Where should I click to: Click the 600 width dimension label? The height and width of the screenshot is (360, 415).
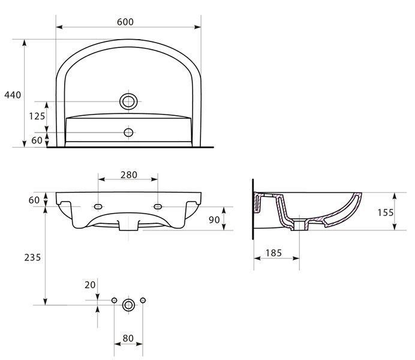(125, 22)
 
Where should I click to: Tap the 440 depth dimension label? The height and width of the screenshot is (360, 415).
(13, 95)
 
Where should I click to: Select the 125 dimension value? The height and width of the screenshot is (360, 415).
(37, 116)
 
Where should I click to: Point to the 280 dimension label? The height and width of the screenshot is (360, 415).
(128, 175)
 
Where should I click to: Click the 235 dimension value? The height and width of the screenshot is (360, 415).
(32, 257)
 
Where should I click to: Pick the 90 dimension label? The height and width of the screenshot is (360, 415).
(214, 220)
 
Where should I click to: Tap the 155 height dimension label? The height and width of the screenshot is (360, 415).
(386, 212)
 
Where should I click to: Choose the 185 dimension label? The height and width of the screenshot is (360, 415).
(273, 253)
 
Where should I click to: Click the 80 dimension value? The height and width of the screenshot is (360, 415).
(128, 338)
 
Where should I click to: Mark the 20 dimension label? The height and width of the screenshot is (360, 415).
(90, 285)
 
